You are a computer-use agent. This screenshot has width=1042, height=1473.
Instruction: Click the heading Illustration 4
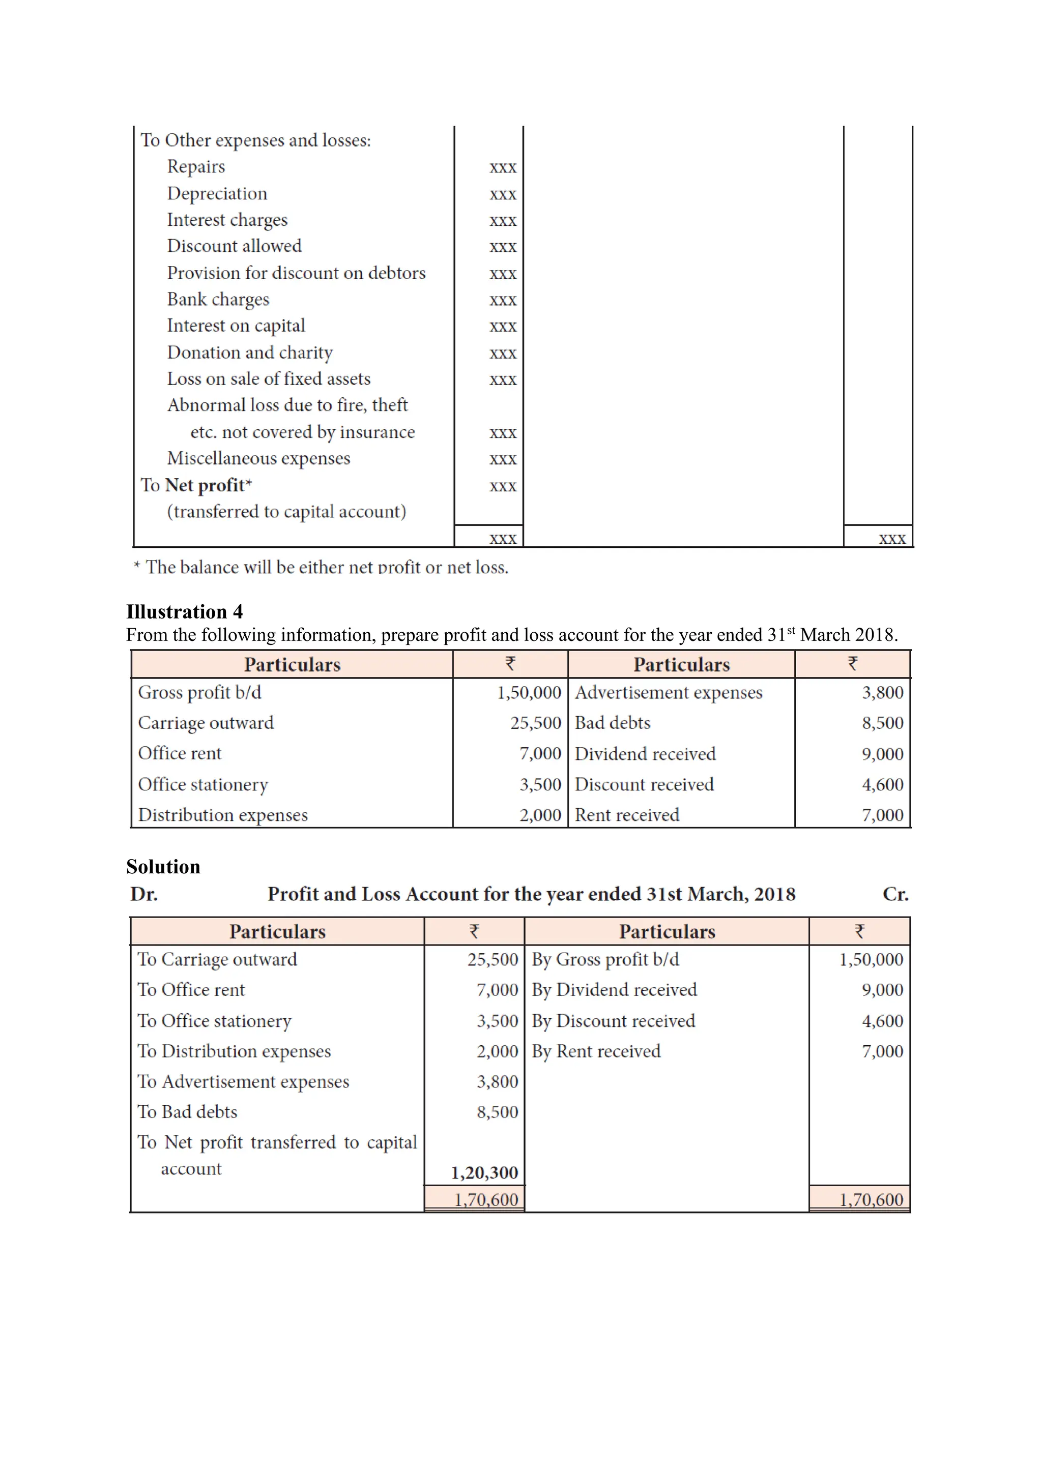tap(184, 611)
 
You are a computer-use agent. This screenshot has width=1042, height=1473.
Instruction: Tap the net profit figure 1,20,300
tap(484, 1173)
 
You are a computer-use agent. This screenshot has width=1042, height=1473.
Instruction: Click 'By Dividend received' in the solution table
tap(614, 990)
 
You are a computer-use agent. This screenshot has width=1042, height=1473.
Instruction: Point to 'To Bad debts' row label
tap(187, 1112)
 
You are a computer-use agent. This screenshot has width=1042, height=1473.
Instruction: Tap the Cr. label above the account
tap(895, 894)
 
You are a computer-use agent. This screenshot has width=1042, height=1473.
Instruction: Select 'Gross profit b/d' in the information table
tap(199, 693)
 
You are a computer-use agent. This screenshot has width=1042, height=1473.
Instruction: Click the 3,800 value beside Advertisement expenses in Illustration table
tap(882, 693)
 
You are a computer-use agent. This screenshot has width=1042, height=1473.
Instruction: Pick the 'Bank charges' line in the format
tap(218, 300)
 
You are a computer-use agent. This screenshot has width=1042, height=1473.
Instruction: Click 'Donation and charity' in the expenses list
tap(250, 353)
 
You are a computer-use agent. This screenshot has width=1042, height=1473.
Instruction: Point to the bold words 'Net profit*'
tap(209, 485)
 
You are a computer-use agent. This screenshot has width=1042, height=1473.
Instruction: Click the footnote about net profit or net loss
tap(321, 567)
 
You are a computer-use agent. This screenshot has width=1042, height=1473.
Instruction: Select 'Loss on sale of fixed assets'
tap(269, 379)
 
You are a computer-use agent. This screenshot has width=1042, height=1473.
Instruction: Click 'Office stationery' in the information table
tap(203, 785)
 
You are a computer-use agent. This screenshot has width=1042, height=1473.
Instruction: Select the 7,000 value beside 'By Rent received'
tap(882, 1051)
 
